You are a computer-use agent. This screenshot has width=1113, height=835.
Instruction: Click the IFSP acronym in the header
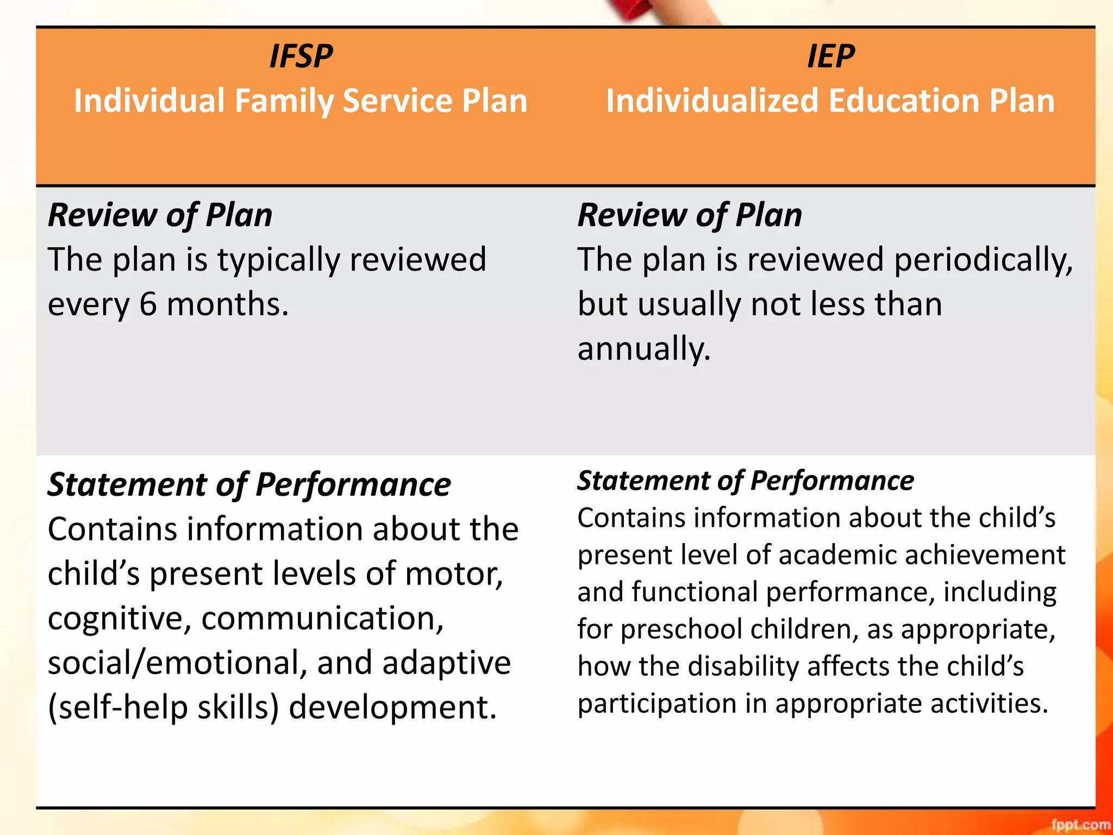[301, 57]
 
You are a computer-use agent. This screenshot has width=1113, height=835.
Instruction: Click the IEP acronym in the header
[830, 57]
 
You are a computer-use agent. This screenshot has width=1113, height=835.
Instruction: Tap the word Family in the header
[283, 102]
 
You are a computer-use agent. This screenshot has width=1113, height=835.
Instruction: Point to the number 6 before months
[148, 304]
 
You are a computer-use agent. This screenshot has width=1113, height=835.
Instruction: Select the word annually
[644, 349]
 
